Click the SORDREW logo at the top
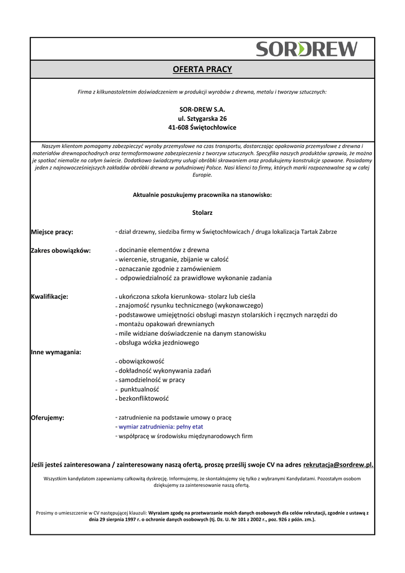307,49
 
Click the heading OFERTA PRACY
202,69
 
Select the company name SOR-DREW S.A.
202,110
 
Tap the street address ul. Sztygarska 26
202,119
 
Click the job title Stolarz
202,213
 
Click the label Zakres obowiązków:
60,251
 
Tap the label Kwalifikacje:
49,297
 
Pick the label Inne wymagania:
55,352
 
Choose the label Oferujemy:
47,417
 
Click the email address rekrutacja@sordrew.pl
338,464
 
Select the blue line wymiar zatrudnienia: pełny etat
161,426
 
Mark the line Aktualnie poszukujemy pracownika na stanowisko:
202,195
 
